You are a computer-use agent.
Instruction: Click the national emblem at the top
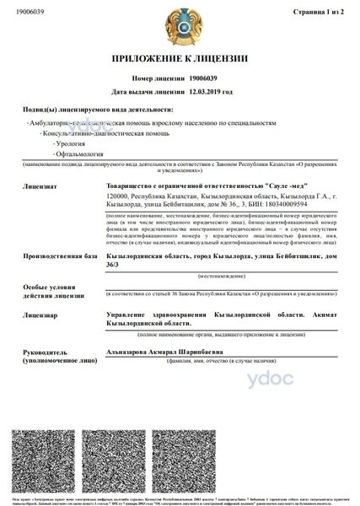pyautogui.click(x=179, y=24)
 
